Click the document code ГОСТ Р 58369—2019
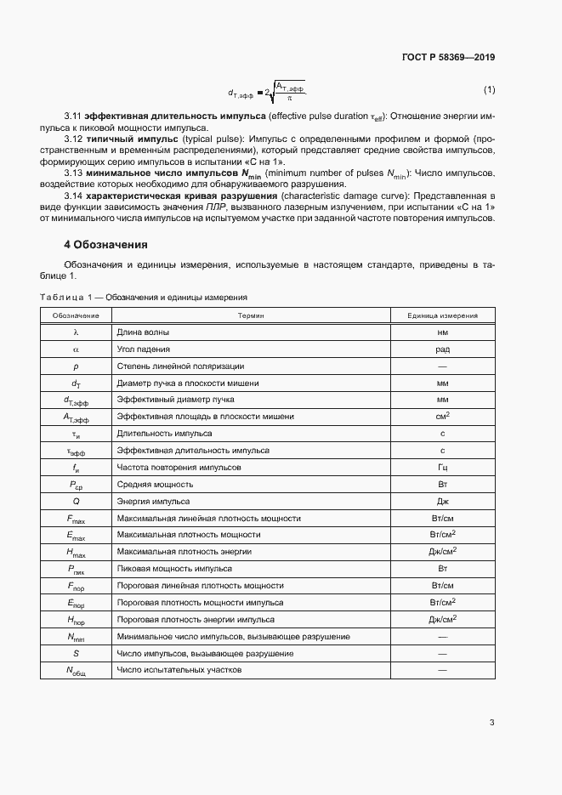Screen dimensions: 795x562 tap(448, 58)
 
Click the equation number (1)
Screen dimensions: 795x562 tap(489, 89)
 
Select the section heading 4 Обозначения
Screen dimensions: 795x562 tap(106, 245)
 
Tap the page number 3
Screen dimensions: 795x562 tap(491, 723)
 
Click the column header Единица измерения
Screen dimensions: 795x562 tap(442, 315)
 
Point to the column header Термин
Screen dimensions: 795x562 tap(251, 315)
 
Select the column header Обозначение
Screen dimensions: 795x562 tap(76, 315)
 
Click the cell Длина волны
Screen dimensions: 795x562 tap(142, 332)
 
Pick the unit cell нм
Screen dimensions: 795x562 tap(442, 332)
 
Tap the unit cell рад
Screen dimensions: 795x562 tap(442, 349)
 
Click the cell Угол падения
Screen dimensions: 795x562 tap(144, 349)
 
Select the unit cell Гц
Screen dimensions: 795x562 tap(442, 468)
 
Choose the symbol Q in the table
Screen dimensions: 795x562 tap(76, 502)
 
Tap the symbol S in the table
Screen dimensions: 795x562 tap(76, 654)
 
